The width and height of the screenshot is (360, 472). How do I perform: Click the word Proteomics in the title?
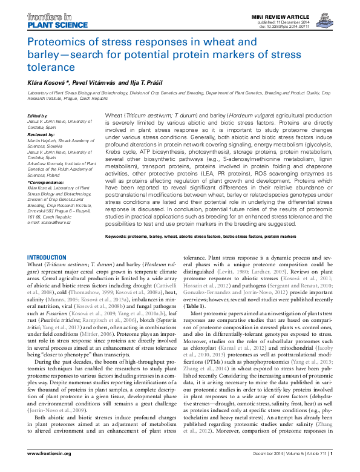point(56,43)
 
